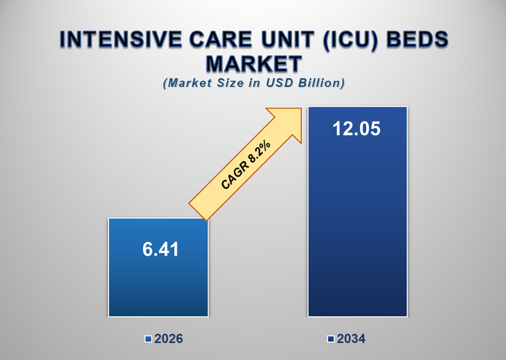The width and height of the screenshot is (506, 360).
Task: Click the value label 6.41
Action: click(160, 250)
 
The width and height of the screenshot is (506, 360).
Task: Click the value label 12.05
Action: click(357, 128)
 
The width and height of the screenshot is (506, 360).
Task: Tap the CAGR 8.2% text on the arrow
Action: click(245, 164)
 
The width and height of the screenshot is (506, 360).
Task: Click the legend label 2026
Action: click(169, 339)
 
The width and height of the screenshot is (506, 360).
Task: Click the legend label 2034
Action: click(351, 339)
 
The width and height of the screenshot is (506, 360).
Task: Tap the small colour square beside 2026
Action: click(148, 340)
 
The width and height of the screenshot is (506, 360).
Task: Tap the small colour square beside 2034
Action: click(331, 340)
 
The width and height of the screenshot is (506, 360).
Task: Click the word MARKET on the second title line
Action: click(253, 64)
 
